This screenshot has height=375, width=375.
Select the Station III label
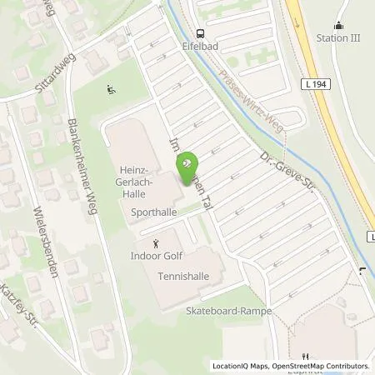(x=338, y=37)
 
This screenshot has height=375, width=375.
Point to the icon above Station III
(x=338, y=26)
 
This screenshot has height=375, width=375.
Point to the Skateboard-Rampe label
(x=223, y=309)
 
